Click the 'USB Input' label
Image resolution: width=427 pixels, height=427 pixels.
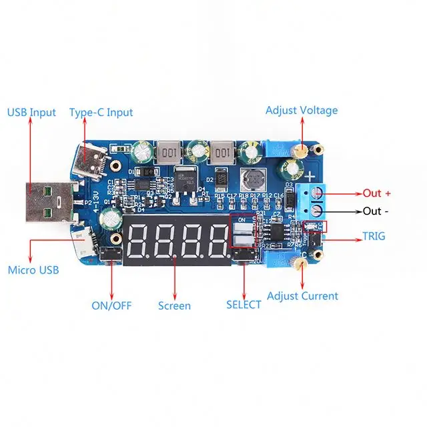pos(31,112)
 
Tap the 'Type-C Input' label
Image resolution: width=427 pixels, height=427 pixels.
pos(101,112)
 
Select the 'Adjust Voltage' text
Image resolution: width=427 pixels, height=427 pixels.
pos(302,110)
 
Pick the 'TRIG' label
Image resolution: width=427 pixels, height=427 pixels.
pos(373,236)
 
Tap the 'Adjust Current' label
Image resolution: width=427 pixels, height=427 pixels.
pos(302,296)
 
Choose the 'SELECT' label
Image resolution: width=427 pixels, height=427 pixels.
pos(244,305)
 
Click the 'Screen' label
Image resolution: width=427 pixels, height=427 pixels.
pos(174,306)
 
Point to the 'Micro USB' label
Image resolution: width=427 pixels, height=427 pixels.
pos(33,270)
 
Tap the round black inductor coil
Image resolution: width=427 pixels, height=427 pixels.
pos(254,178)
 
